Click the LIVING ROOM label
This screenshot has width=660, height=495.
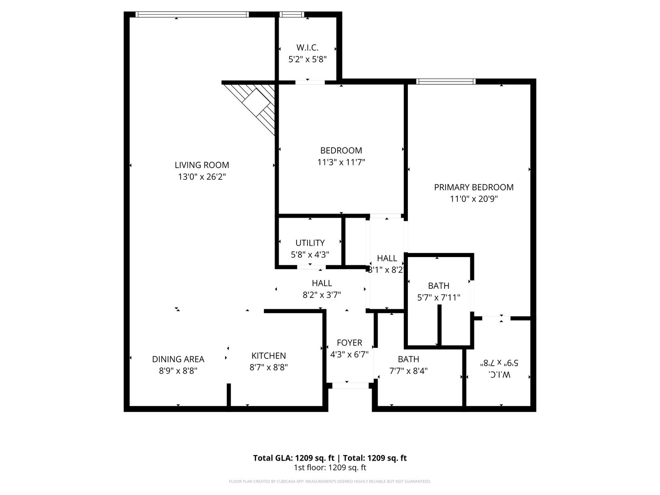point(202,165)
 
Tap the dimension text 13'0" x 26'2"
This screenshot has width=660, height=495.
point(202,177)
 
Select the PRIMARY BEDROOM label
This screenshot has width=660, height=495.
point(473,187)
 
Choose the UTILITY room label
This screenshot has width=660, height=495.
point(310,243)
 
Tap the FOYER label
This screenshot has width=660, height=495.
point(349,343)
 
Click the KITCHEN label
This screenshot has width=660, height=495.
point(269,356)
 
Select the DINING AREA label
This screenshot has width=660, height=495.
point(178,359)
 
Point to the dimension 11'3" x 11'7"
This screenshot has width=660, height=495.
point(341,162)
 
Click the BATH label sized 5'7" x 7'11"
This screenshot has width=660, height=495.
point(439,286)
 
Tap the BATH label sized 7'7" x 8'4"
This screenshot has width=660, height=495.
point(408,359)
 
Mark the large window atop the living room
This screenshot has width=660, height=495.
point(192,15)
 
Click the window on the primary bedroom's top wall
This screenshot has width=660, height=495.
point(445,82)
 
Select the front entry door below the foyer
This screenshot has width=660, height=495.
point(350,386)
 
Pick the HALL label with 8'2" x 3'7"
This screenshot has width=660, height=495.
point(322,283)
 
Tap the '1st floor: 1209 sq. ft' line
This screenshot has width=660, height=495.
point(330,468)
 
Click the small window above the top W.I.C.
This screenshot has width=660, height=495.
point(291,15)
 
